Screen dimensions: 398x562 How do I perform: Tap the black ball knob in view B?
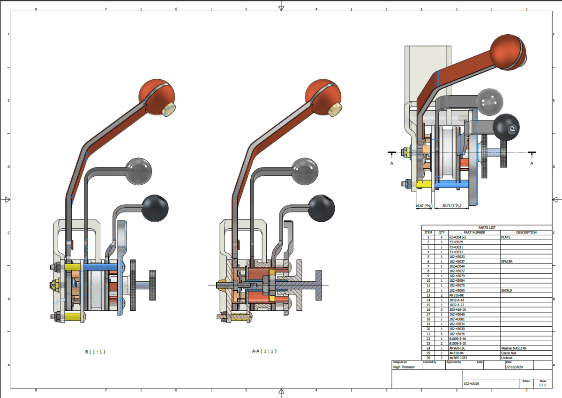coord(155,208)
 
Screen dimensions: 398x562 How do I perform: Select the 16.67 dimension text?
coord(423,205)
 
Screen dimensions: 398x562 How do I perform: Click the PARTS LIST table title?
coord(486,228)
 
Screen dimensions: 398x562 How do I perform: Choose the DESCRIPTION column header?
coord(526,233)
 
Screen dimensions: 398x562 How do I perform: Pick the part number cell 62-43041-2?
coord(459,238)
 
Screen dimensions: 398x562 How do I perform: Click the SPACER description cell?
coord(507,262)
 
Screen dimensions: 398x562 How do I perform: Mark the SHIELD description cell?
coord(507,291)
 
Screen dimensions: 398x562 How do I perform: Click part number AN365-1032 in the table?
coord(460,358)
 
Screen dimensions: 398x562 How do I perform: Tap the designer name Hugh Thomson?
coord(404,368)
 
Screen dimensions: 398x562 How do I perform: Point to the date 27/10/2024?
coord(514,368)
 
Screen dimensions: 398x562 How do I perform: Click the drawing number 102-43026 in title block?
coord(472,383)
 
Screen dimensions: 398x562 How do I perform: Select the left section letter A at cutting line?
coord(392,164)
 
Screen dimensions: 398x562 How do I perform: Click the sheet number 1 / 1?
coord(542,385)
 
